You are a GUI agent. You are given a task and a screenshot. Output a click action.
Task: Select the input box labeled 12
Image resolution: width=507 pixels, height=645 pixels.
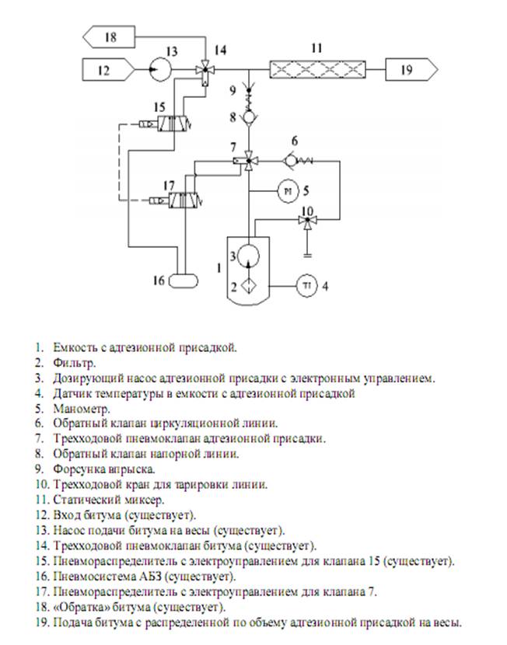pyautogui.click(x=107, y=70)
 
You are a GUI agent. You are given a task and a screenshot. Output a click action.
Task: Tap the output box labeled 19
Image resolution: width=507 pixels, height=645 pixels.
pyautogui.click(x=410, y=70)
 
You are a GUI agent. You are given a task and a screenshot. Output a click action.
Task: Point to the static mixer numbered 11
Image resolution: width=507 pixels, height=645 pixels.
pyautogui.click(x=318, y=70)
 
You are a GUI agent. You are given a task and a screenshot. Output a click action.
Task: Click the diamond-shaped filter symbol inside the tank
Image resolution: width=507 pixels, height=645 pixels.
pyautogui.click(x=249, y=284)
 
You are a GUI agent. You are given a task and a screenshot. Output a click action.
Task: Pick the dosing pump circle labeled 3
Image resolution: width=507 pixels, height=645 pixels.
pyautogui.click(x=249, y=255)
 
